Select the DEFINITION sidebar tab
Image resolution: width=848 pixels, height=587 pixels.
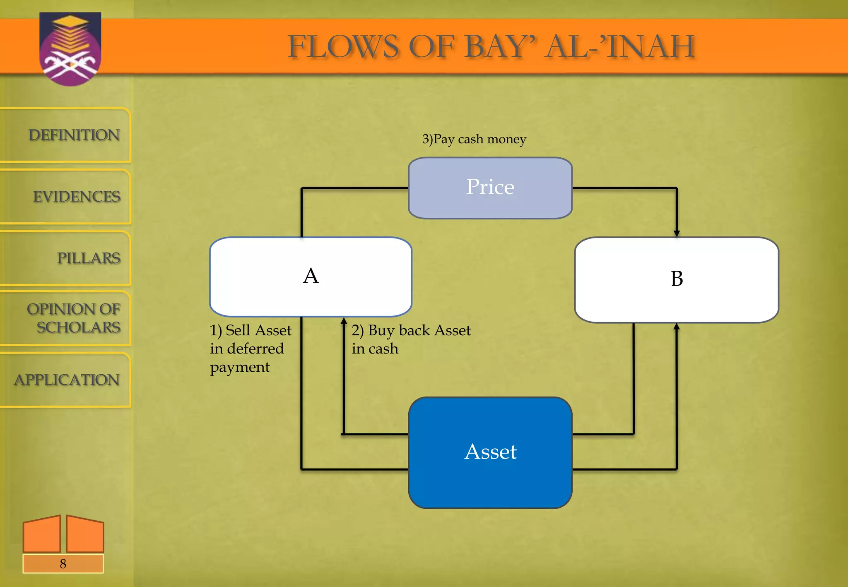click(74, 135)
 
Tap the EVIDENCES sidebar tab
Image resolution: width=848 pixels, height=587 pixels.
click(77, 197)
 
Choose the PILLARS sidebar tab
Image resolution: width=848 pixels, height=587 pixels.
click(88, 258)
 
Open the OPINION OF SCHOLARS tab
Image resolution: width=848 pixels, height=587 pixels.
click(74, 318)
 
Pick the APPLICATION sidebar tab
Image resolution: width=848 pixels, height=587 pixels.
click(67, 380)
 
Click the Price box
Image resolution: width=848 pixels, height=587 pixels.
click(490, 188)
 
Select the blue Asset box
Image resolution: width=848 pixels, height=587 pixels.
click(490, 452)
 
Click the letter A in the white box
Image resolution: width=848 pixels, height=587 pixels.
click(311, 276)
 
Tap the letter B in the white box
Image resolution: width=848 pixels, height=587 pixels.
click(677, 279)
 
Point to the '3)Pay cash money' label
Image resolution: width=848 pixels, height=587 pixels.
click(474, 139)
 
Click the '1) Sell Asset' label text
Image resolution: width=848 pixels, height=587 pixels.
click(250, 331)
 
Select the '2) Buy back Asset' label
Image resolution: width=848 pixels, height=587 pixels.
click(411, 331)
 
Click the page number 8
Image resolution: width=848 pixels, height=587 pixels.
click(63, 564)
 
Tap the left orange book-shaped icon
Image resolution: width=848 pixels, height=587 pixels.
click(42, 534)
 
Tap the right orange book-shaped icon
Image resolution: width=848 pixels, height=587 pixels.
click(85, 534)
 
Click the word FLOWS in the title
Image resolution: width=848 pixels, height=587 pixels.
click(343, 46)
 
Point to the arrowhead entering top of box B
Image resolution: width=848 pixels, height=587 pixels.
click(677, 233)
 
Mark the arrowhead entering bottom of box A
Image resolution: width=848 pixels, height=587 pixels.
click(344, 321)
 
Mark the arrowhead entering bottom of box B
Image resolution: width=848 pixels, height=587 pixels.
click(677, 327)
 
